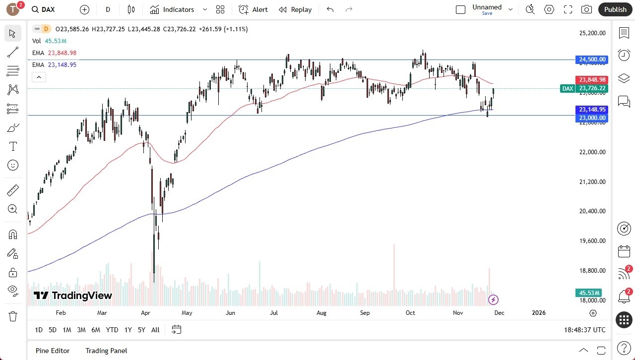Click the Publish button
(x=615, y=9)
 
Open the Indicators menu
(x=179, y=9)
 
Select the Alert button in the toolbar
(x=253, y=9)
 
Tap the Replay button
(x=295, y=9)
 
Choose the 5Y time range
(x=141, y=330)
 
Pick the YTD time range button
(x=112, y=330)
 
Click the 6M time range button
(x=96, y=330)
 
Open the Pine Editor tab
(x=53, y=351)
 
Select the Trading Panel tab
(x=106, y=351)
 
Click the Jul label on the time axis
(x=273, y=313)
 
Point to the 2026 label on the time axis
(x=538, y=313)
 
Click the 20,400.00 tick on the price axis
(x=592, y=211)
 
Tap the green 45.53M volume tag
(x=588, y=293)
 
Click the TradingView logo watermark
(x=73, y=296)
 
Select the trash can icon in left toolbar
(x=13, y=316)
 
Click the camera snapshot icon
(x=586, y=9)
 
